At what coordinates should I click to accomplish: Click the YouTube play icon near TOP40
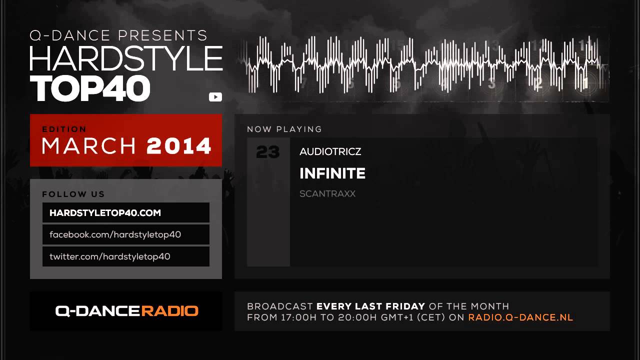pos(215,97)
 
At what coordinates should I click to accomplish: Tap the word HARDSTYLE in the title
pos(126,58)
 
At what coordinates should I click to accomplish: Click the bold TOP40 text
pos(90,88)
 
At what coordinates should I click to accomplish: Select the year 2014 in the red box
pos(179,146)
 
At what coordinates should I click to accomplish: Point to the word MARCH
pos(89,146)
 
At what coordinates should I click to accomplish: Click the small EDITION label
pos(64,129)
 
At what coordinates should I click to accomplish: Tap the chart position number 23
pos(267,151)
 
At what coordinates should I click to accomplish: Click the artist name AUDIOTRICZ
pos(330,151)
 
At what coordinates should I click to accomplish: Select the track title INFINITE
pos(332,173)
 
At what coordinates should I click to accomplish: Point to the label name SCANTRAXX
pos(327,193)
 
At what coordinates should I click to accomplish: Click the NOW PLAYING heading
pos(284,129)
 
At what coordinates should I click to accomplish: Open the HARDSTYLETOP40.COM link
pos(105,213)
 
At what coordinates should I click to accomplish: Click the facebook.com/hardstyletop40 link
pos(115,234)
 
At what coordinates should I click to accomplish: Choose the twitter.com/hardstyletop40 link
pos(109,256)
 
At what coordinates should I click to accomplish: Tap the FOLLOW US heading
pos(73,194)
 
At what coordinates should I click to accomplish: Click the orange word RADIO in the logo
pos(169,311)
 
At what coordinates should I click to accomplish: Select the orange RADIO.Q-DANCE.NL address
pos(520,317)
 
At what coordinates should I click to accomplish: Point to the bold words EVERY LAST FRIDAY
pos(370,306)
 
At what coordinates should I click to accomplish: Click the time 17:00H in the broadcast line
pos(299,317)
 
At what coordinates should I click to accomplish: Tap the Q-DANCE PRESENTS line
pos(118,35)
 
